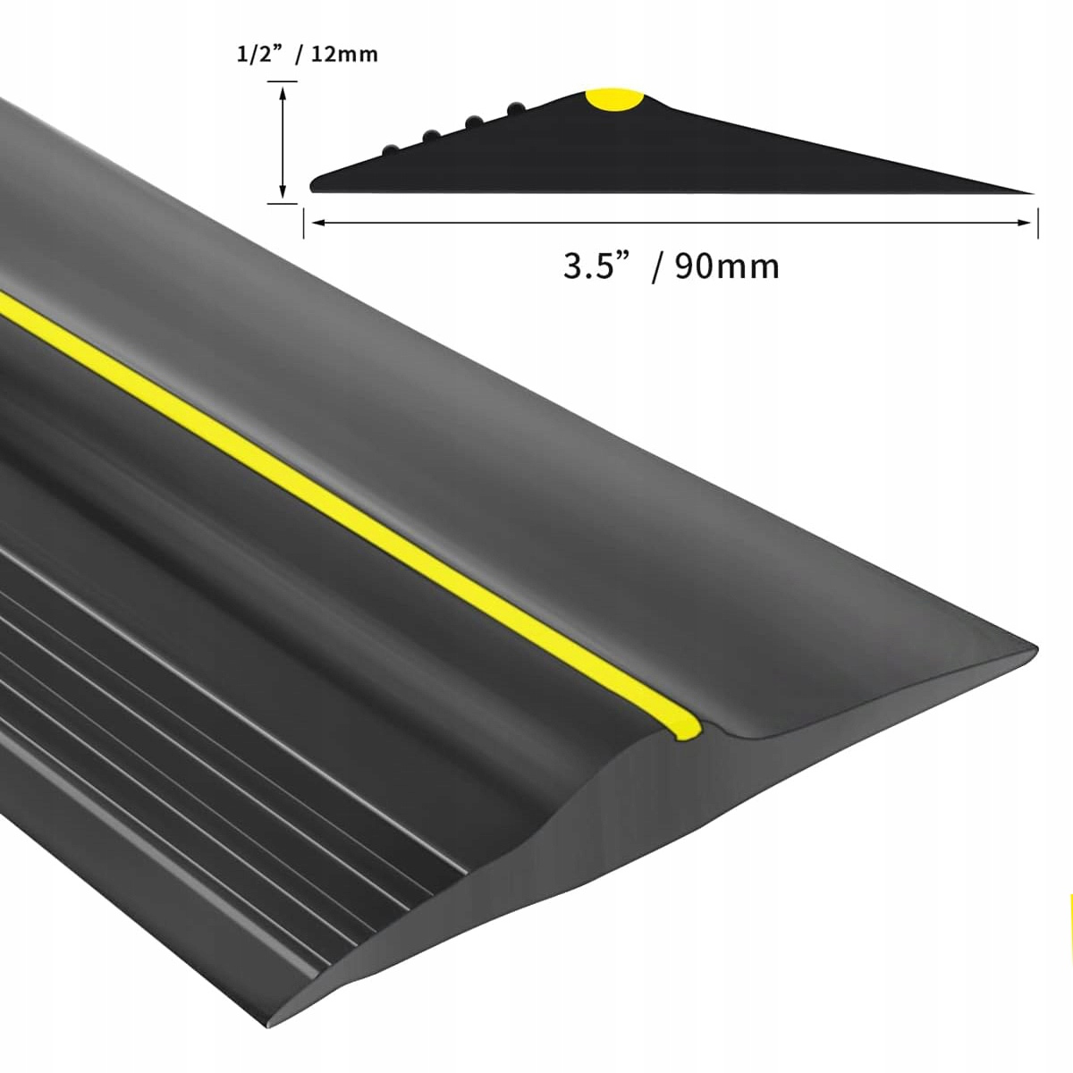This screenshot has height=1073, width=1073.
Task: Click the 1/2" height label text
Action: (258, 55)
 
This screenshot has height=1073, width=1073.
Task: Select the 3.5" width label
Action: (594, 266)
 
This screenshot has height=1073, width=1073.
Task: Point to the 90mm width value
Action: (727, 266)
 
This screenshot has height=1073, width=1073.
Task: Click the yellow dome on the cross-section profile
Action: (614, 99)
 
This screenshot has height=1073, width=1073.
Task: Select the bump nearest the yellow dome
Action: (516, 109)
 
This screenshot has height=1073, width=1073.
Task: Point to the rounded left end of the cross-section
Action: (313, 185)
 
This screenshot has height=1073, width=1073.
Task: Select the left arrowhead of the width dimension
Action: (312, 223)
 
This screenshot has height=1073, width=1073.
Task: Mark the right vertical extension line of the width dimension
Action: (1037, 223)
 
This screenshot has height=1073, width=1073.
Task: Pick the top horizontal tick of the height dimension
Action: (283, 81)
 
